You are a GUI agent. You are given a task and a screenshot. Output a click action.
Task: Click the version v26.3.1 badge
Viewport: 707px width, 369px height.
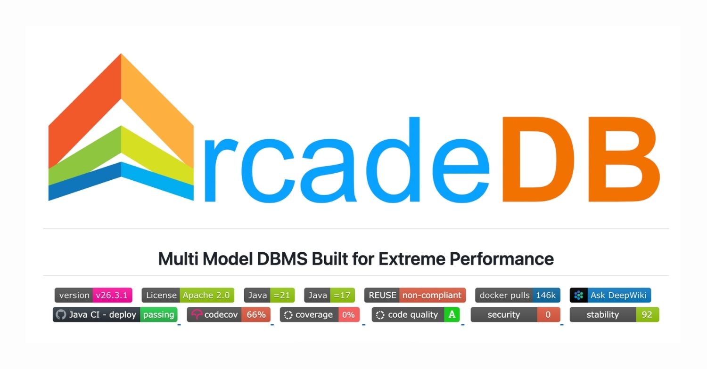pyautogui.click(x=93, y=296)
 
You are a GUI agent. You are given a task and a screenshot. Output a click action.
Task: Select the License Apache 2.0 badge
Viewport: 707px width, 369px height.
pyautogui.click(x=188, y=296)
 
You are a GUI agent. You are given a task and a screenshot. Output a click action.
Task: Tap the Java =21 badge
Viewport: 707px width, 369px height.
pyautogui.click(x=269, y=296)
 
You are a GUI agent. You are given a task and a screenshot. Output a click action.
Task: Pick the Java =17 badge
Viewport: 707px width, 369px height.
pyautogui.click(x=329, y=296)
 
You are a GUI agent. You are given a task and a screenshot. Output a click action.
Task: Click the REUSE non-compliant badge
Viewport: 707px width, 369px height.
pyautogui.click(x=415, y=296)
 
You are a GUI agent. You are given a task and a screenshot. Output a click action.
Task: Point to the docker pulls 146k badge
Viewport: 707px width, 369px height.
pyautogui.click(x=518, y=296)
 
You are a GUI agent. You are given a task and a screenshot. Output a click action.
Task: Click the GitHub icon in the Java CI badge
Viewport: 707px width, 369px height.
pyautogui.click(x=61, y=315)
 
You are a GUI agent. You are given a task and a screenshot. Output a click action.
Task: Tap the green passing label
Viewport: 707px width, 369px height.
pyautogui.click(x=158, y=315)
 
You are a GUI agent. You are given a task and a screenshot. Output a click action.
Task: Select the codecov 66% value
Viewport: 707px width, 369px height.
pyautogui.click(x=256, y=315)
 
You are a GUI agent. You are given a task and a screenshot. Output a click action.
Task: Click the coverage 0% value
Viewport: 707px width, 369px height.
pyautogui.click(x=348, y=315)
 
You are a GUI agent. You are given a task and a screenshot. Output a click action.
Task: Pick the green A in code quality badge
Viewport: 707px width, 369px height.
pyautogui.click(x=452, y=315)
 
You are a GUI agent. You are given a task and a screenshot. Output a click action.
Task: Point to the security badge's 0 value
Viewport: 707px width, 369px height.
pyautogui.click(x=548, y=315)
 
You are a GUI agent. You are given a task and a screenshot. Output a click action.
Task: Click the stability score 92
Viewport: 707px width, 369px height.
pyautogui.click(x=647, y=315)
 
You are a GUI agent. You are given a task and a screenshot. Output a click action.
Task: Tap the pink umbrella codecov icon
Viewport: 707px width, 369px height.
pyautogui.click(x=197, y=315)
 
